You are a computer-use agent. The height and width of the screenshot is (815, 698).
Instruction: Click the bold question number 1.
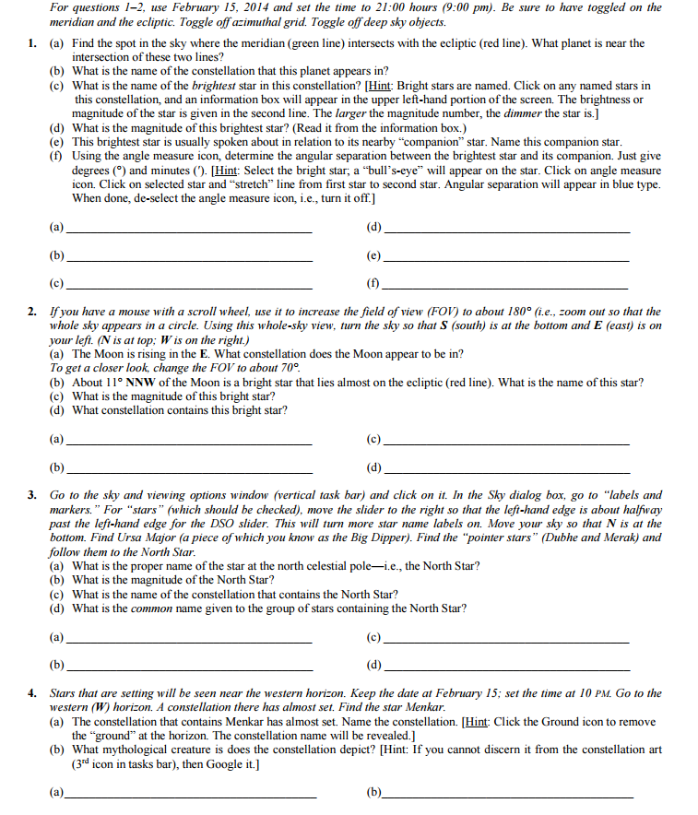31,43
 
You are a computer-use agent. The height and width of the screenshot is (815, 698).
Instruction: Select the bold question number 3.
31,495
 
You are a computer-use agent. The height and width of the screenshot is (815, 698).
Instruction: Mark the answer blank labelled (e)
506,257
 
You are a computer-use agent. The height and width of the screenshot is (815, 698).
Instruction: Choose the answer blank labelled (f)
506,284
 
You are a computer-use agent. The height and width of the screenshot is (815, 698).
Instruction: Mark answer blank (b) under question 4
506,793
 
